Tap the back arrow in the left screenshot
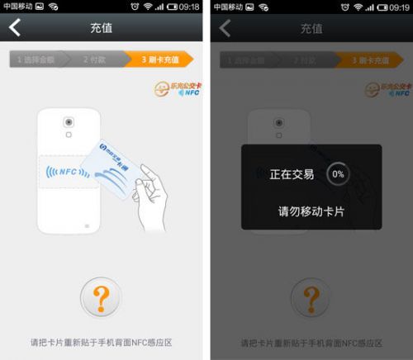click(x=15, y=28)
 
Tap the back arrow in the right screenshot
click(x=225, y=28)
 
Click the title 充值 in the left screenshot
click(x=101, y=28)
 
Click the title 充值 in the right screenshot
click(x=311, y=28)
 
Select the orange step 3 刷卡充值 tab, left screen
click(x=159, y=59)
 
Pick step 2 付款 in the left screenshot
click(x=96, y=59)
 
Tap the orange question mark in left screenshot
click(x=101, y=297)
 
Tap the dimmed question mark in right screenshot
click(x=311, y=297)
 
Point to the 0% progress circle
click(x=337, y=174)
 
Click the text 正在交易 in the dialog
click(x=292, y=174)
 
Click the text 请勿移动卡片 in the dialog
click(x=311, y=211)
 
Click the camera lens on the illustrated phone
click(x=69, y=122)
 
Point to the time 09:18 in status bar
click(x=189, y=7)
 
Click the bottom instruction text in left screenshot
click(x=101, y=341)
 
